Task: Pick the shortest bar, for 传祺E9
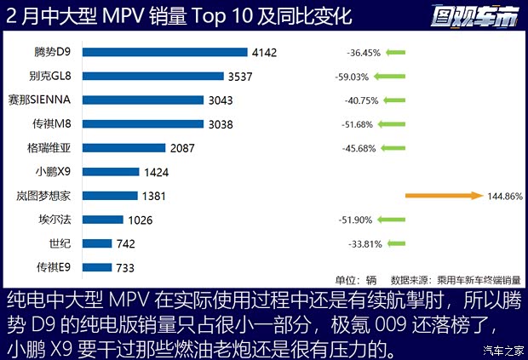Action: click(x=98, y=267)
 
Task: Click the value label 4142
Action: click(x=264, y=53)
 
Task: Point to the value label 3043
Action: click(x=220, y=100)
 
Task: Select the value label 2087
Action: click(x=182, y=148)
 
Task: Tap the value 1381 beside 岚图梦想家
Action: click(x=154, y=196)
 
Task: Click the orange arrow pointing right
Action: click(x=444, y=196)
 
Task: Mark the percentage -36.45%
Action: click(x=364, y=53)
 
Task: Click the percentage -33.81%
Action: click(x=364, y=243)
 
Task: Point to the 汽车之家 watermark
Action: click(x=503, y=350)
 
